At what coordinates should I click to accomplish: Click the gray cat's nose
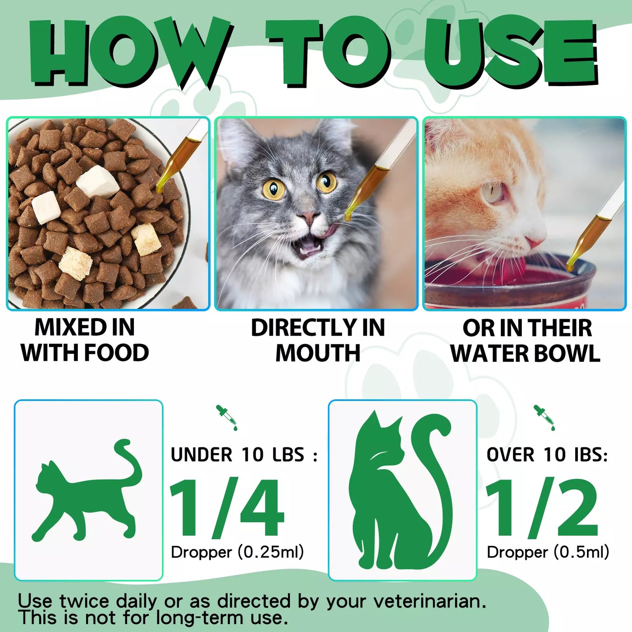310,217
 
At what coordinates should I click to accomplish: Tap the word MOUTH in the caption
318,353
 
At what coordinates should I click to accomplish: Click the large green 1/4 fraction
227,507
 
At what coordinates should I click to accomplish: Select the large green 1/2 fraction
542,507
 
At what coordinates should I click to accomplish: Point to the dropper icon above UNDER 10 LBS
227,417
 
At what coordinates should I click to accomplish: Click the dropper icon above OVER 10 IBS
544,417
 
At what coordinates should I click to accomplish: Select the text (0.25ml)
271,552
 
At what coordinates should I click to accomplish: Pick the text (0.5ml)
581,552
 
